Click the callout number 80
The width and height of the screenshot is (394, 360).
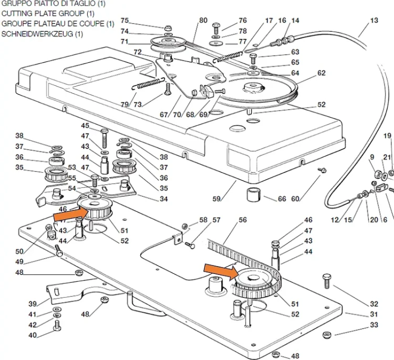(x=203, y=20)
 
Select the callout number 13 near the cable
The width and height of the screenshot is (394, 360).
(x=374, y=20)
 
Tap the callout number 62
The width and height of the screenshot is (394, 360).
(x=322, y=73)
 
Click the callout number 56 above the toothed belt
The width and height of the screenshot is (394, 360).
(x=243, y=220)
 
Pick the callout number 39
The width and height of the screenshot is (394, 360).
(x=33, y=304)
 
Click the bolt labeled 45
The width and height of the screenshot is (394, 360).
(x=105, y=139)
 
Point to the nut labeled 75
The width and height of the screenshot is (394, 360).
(x=168, y=28)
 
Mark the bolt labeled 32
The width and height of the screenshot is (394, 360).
(x=327, y=281)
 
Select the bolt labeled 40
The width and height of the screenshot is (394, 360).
(x=57, y=325)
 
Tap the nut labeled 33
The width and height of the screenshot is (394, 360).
(x=327, y=335)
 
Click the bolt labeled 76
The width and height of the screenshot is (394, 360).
(x=216, y=29)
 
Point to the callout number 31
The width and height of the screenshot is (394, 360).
(x=374, y=314)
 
